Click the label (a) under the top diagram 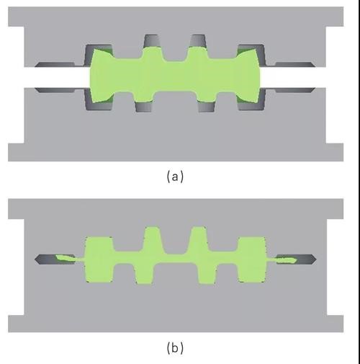point(175,177)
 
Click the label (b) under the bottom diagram point(175,347)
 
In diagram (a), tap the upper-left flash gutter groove point(55,64)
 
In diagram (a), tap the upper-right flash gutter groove point(295,64)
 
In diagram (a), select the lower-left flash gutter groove point(55,90)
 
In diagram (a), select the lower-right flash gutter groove point(295,90)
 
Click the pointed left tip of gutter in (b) point(35,259)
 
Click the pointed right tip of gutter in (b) point(316,259)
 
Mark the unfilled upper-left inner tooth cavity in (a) point(151,40)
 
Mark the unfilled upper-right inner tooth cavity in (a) point(198,40)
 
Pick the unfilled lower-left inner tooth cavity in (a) point(144,107)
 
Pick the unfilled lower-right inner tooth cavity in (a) point(207,107)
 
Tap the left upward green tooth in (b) point(152,239)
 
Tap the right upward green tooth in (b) point(198,239)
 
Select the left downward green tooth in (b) point(144,274)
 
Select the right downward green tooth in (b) point(207,274)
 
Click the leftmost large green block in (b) point(99,259)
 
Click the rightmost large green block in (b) point(251,259)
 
